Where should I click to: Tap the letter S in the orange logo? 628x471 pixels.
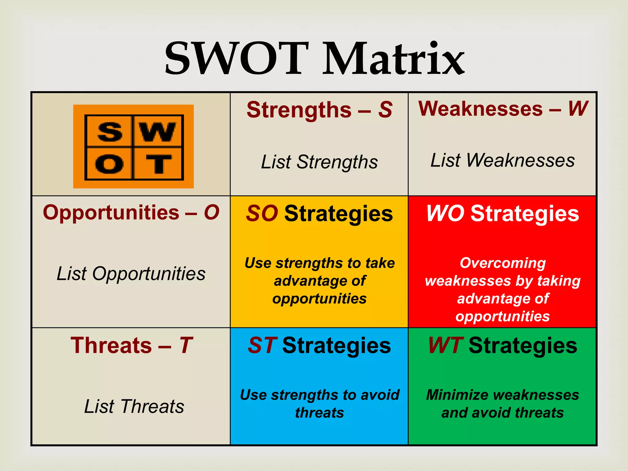[110, 132]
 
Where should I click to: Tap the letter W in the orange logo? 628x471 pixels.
[157, 132]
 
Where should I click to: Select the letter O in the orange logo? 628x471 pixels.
[109, 164]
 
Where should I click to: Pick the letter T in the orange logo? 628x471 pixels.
[158, 164]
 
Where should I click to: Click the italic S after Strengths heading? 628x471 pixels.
[385, 110]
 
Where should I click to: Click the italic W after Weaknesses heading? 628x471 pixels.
[578, 109]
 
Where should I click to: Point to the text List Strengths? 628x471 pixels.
[319, 162]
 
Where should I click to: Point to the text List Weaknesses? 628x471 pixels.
[503, 160]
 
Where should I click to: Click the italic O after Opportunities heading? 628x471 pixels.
[212, 212]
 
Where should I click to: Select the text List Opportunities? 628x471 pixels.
[131, 274]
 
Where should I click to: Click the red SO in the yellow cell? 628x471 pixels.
[262, 213]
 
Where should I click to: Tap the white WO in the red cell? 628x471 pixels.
[445, 213]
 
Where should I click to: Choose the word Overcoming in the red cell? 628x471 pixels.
[503, 263]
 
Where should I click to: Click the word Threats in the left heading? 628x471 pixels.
[111, 345]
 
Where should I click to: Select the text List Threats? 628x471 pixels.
[134, 406]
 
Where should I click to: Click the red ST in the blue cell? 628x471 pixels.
[263, 345]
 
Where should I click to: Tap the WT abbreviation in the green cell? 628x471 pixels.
[446, 345]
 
